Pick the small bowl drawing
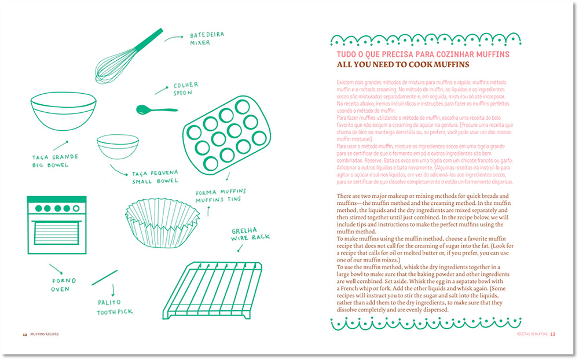tap(117, 147)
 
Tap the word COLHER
tap(186, 86)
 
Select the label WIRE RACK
tap(250, 237)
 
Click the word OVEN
tap(60, 289)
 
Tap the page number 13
tap(553, 334)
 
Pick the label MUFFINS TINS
tap(221, 200)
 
